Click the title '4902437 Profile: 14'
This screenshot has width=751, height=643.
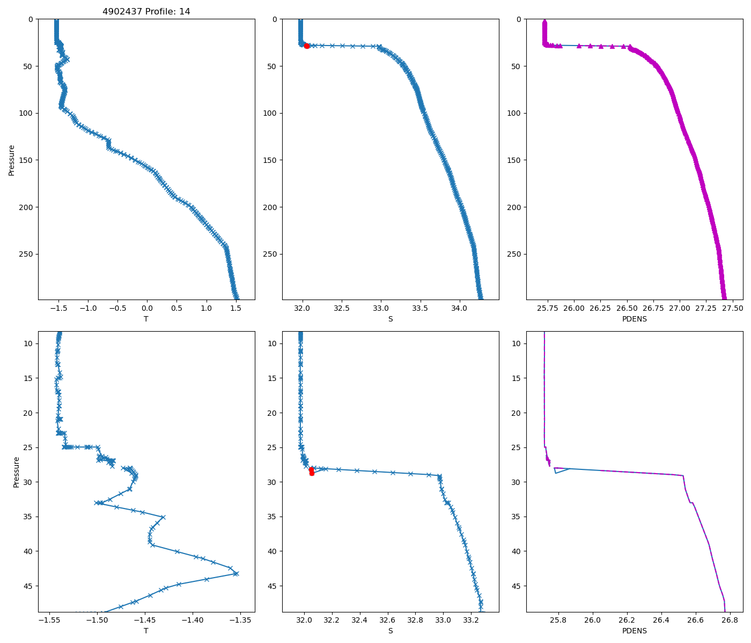[x=146, y=12]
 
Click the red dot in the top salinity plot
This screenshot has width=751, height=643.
[x=307, y=46]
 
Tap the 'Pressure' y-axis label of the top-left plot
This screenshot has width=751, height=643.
[x=12, y=160]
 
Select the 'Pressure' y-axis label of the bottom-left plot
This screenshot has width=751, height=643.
[x=16, y=472]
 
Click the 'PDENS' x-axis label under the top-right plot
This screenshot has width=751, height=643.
[x=634, y=319]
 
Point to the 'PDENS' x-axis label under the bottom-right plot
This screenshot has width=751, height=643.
[x=634, y=631]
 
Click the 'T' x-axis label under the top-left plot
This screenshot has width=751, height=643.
[x=146, y=319]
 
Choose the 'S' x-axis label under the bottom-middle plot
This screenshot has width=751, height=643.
[x=390, y=631]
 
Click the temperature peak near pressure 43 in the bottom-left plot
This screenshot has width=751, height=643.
[x=235, y=573]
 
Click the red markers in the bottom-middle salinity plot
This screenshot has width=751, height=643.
[x=312, y=472]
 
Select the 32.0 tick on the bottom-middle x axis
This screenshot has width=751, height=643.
[x=304, y=620]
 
